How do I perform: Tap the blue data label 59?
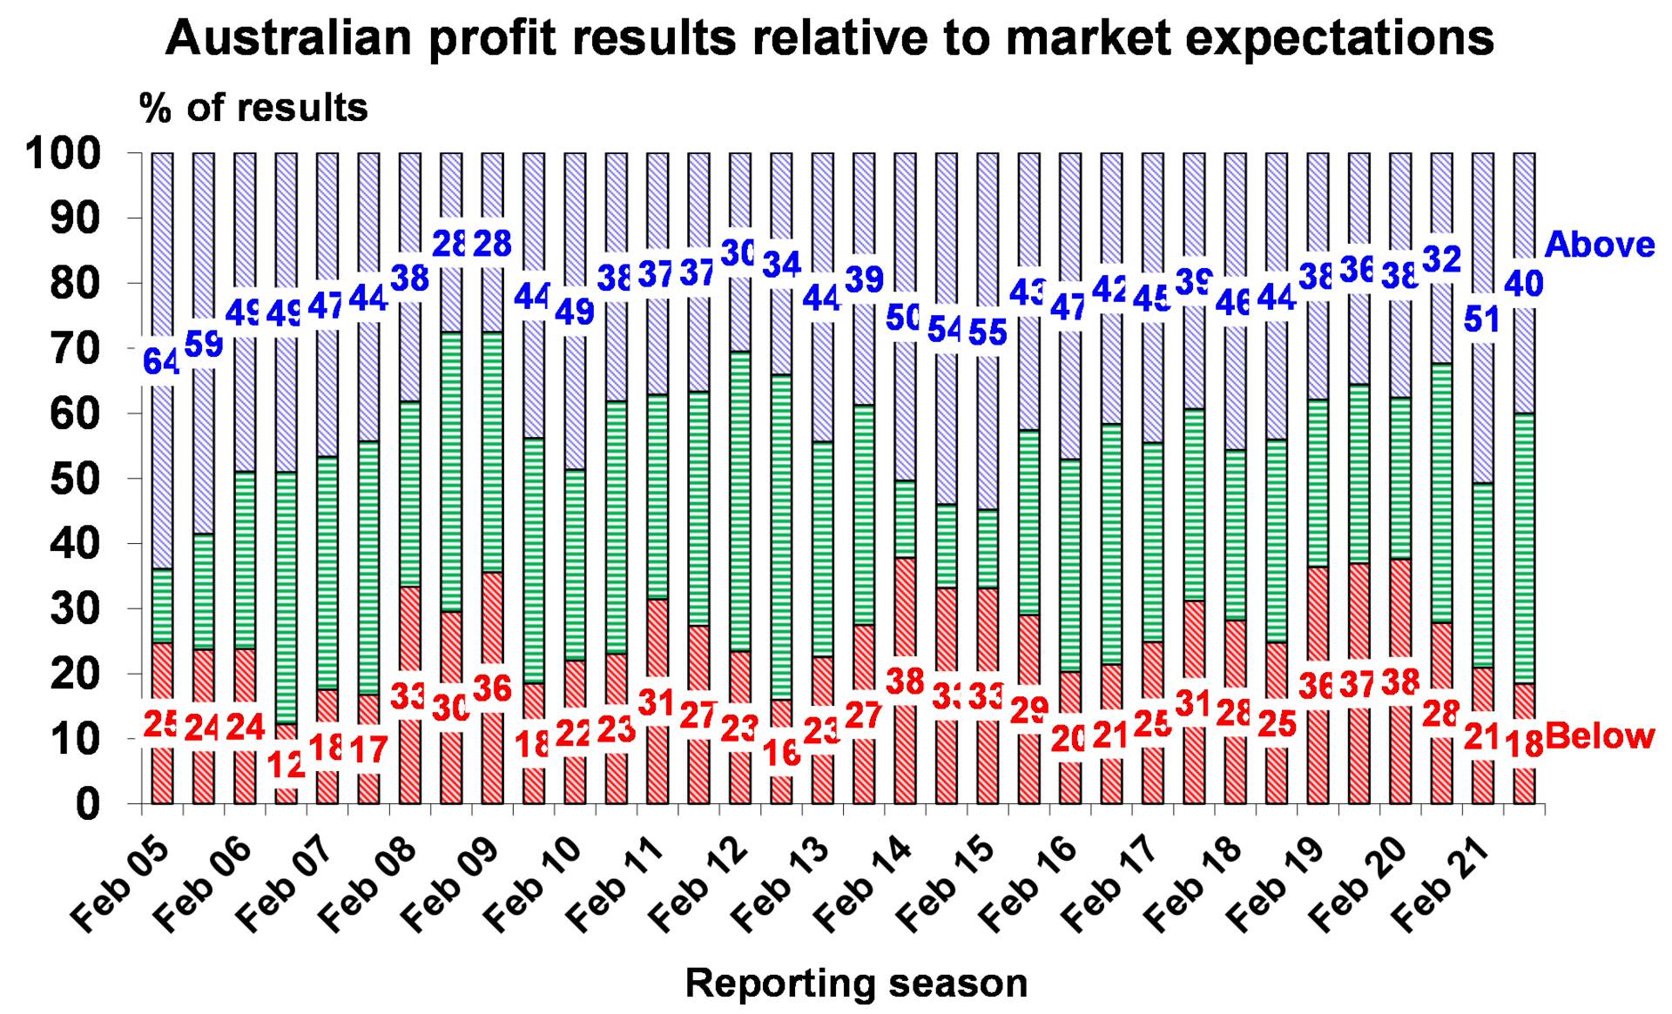[204, 345]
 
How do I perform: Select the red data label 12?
[287, 764]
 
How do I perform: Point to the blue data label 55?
[988, 332]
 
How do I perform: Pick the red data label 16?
[781, 752]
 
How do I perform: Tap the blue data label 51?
[1481, 319]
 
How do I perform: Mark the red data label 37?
[1358, 684]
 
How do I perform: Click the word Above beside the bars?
[1599, 245]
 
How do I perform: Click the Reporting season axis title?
[856, 984]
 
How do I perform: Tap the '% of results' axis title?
[253, 108]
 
